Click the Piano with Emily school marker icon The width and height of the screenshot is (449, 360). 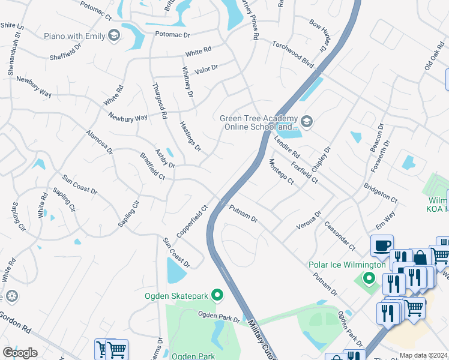point(113,37)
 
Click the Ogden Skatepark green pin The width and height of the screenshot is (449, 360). point(217,295)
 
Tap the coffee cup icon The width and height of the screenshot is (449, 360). point(382,245)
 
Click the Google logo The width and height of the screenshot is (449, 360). point(20,353)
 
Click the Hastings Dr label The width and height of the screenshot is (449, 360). point(190,136)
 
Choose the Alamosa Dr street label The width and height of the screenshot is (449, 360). point(99,142)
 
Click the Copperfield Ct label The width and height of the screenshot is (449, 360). point(191,221)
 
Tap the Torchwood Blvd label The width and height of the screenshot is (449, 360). point(293,53)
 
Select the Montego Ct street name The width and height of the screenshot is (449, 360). point(281,171)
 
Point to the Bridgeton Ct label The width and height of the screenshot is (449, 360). point(381,190)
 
